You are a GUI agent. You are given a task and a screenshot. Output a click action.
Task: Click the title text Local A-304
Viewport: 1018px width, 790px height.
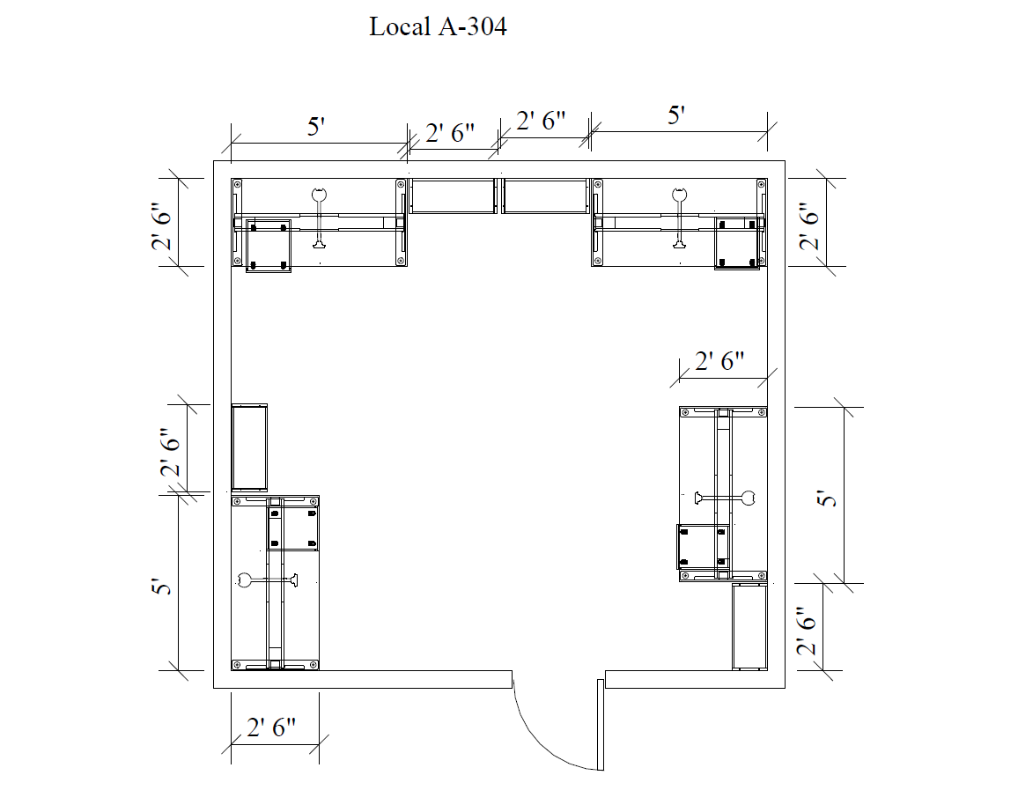coord(438,27)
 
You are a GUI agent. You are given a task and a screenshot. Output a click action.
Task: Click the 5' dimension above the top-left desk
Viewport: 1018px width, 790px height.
coord(317,126)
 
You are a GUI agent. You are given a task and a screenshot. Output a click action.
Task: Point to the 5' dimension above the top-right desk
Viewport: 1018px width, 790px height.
coord(676,116)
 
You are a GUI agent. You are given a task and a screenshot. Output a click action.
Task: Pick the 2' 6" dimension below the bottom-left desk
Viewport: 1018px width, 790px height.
coord(272,728)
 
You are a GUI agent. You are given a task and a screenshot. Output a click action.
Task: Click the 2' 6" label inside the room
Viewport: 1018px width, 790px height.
coord(720,361)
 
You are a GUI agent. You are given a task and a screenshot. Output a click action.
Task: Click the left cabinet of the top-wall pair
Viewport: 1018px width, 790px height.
coord(454,196)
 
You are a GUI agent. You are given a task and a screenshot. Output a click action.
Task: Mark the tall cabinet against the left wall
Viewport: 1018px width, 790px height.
coord(248,447)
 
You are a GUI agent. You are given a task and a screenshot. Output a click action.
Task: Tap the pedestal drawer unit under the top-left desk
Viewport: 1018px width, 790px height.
coord(268,246)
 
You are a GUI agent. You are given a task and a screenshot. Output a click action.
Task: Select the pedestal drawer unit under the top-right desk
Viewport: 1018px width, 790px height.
coord(736,242)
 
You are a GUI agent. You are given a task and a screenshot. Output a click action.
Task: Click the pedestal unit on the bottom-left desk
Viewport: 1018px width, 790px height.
coord(293,525)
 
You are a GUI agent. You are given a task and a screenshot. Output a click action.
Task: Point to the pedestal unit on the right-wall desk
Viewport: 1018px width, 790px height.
coord(702,546)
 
